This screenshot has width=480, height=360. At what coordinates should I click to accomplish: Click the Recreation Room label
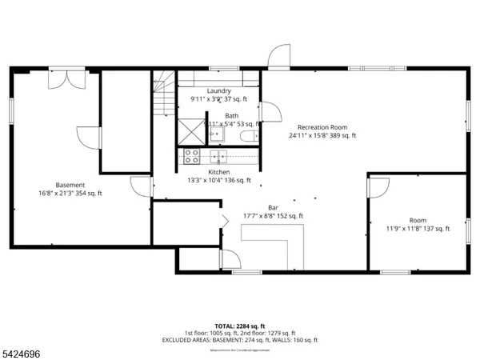point(322,127)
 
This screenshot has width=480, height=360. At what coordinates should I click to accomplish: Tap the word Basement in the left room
point(70,185)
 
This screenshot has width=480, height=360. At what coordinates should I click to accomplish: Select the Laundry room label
point(218,91)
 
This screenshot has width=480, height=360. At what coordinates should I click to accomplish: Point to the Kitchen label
point(218,172)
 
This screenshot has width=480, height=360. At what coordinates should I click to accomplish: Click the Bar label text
point(273,207)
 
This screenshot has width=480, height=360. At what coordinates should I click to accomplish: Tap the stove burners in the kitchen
point(192,156)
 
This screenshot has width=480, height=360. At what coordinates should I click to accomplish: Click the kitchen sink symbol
point(217,156)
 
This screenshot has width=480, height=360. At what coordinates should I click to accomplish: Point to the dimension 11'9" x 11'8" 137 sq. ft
point(418,228)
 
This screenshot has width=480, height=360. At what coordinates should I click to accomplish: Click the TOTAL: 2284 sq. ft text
point(239,326)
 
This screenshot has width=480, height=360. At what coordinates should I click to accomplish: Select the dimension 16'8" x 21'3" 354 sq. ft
point(70,193)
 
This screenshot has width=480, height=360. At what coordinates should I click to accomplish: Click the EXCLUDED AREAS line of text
point(239,340)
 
